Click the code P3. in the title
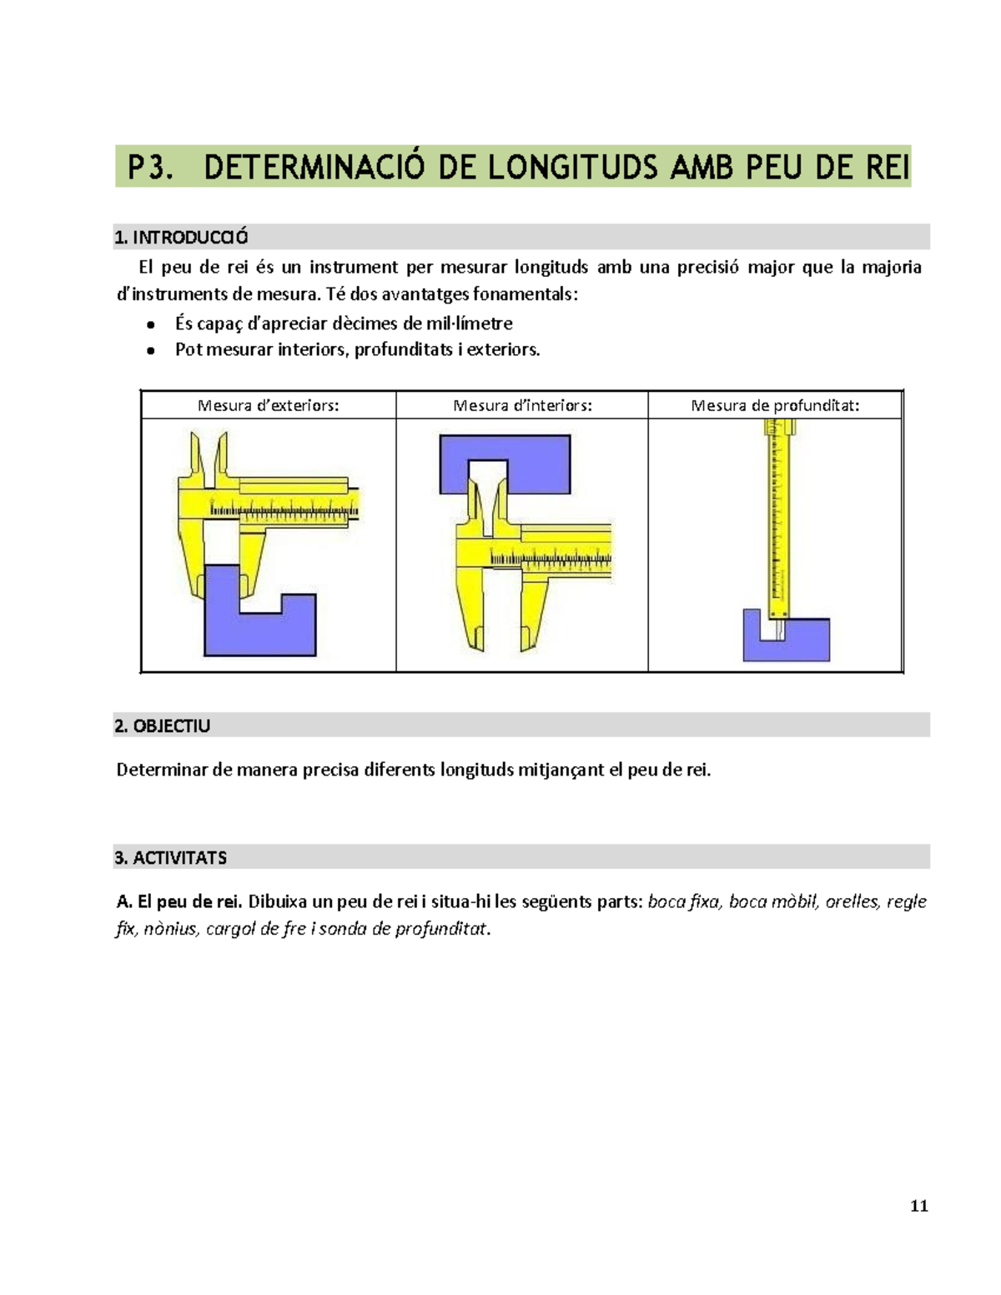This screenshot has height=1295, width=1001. point(150,168)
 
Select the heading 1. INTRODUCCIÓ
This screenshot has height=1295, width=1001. point(181,238)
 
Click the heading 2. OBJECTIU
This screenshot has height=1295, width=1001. point(163,726)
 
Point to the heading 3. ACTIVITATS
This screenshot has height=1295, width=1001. point(171,858)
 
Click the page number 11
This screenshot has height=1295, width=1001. point(919,1206)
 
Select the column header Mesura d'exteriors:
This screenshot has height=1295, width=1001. point(268,406)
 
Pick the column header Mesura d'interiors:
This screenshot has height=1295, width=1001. point(522,406)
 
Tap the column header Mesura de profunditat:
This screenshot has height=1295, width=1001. point(775,406)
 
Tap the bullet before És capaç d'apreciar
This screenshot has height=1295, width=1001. point(151,324)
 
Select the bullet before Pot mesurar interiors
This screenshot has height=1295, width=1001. point(151,350)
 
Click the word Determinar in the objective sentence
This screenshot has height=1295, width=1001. point(162,770)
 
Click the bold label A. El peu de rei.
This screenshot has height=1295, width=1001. point(179,901)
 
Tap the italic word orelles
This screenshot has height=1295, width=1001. point(852,901)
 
